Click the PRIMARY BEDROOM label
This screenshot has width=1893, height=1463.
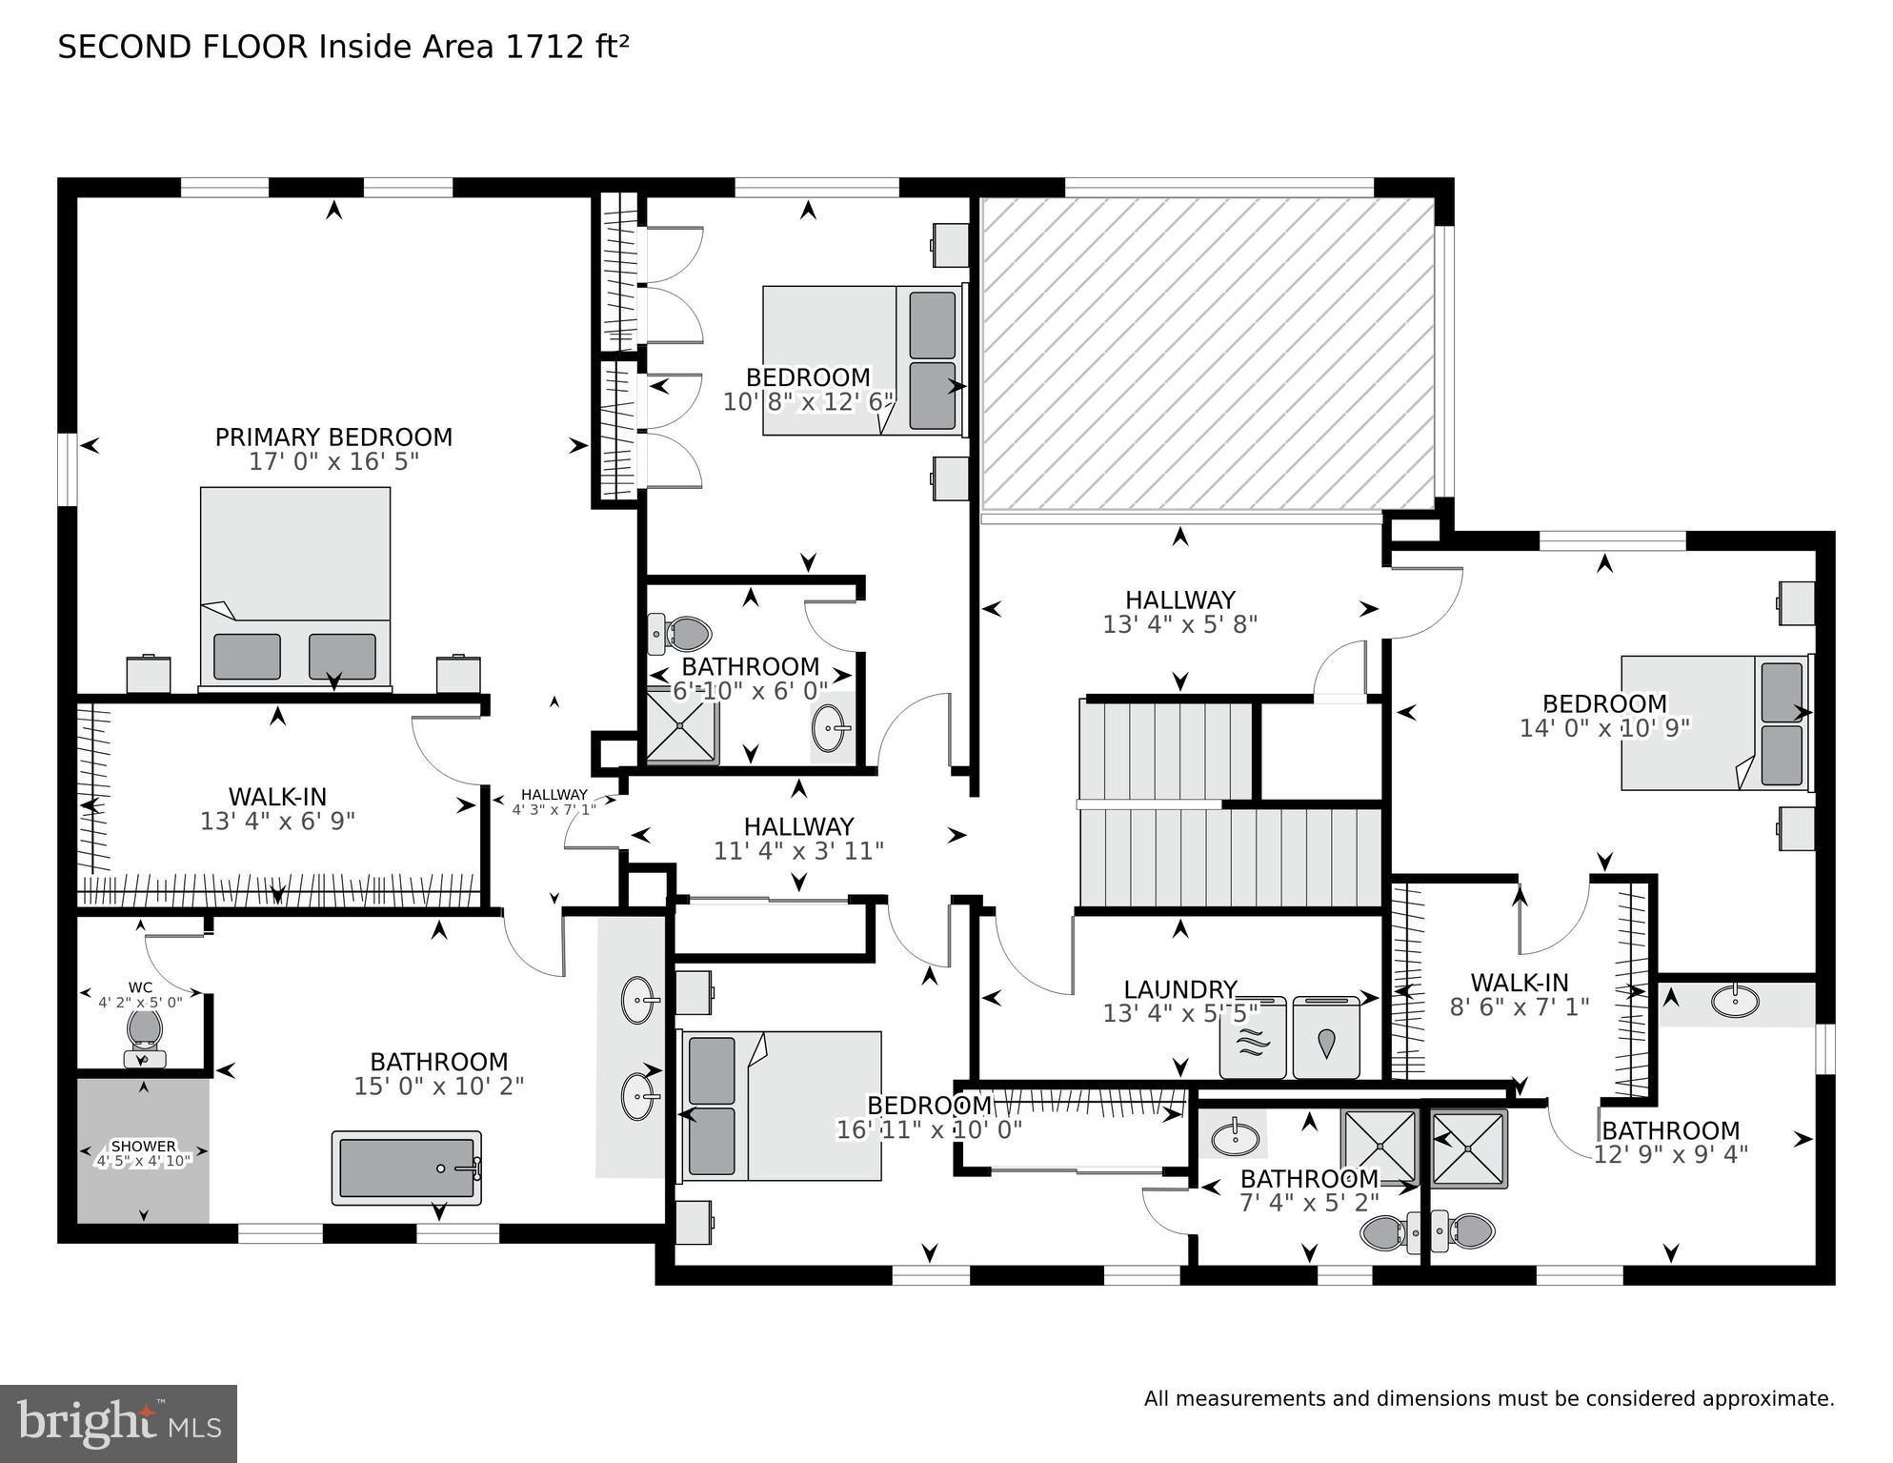[333, 437]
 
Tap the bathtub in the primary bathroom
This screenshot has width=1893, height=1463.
[407, 1168]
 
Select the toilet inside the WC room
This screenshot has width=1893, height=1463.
[144, 1034]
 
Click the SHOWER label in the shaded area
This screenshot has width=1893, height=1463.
[144, 1146]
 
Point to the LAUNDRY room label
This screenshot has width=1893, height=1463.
[1179, 989]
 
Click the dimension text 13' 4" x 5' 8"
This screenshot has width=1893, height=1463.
[1179, 625]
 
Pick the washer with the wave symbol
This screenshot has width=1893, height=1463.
[1253, 1038]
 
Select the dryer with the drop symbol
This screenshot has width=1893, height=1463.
[1326, 1038]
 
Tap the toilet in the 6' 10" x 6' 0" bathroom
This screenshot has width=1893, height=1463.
[682, 633]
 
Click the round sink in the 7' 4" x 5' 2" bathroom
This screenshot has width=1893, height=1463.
[1235, 1137]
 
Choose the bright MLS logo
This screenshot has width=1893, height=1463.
[118, 1424]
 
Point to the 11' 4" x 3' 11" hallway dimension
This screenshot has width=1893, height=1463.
[798, 851]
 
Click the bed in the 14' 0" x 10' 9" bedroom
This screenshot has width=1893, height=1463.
[1713, 721]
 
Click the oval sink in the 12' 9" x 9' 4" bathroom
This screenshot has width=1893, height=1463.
[1735, 1001]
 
